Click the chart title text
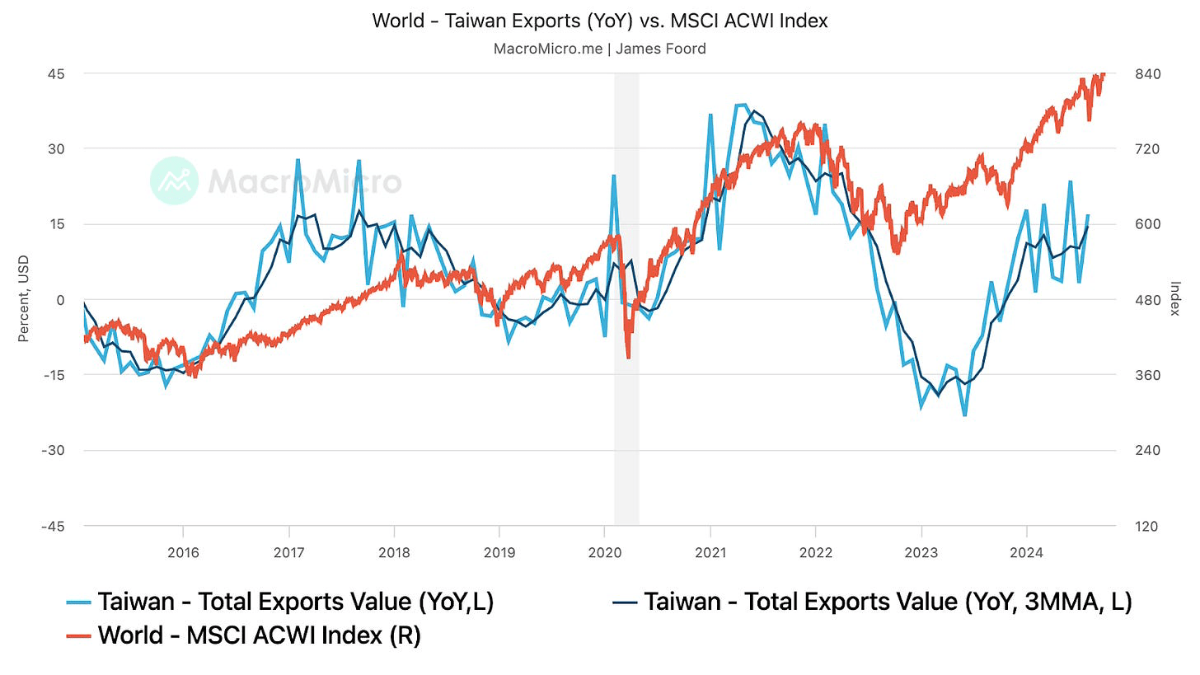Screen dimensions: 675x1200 pyautogui.click(x=600, y=21)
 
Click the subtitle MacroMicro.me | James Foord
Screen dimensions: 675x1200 pyautogui.click(x=600, y=49)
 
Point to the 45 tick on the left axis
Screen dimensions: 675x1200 pyautogui.click(x=57, y=73)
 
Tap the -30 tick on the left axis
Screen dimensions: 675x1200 pyautogui.click(x=54, y=450)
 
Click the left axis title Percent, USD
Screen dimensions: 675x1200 pyautogui.click(x=24, y=300)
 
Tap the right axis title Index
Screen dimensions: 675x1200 pyautogui.click(x=1174, y=300)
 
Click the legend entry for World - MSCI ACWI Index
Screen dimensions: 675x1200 pyautogui.click(x=259, y=635)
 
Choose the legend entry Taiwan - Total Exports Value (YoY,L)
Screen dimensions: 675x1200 pyautogui.click(x=295, y=602)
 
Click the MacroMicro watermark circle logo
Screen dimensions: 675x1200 pyautogui.click(x=175, y=180)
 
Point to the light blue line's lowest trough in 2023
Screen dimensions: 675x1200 pyautogui.click(x=964, y=415)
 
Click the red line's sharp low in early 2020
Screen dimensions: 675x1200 pyautogui.click(x=628, y=357)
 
